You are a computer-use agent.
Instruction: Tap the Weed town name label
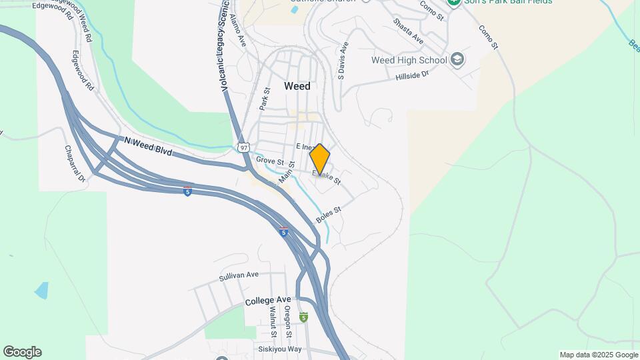[x=297, y=86]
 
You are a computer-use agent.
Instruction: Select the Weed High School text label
[x=409, y=61]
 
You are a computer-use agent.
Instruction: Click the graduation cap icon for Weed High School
[x=457, y=60]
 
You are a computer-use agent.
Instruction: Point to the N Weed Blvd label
[x=148, y=146]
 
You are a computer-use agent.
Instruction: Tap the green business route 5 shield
[x=303, y=317]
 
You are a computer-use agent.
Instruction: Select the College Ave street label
[x=268, y=301]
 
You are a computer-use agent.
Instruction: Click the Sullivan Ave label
[x=238, y=275]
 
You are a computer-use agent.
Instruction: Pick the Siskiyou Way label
[x=279, y=349]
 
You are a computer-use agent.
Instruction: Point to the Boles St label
[x=328, y=215]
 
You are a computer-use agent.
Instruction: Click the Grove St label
[x=270, y=162]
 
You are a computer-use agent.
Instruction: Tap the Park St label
[x=264, y=99]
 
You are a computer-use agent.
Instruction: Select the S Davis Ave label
[x=342, y=61]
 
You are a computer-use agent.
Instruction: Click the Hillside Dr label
[x=411, y=75]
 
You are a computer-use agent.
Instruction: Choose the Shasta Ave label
[x=408, y=31]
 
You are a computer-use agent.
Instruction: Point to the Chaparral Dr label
[x=75, y=164]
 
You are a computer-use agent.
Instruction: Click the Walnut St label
[x=273, y=321]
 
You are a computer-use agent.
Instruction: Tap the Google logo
[x=22, y=352]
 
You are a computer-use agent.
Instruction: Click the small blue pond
[x=41, y=291]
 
